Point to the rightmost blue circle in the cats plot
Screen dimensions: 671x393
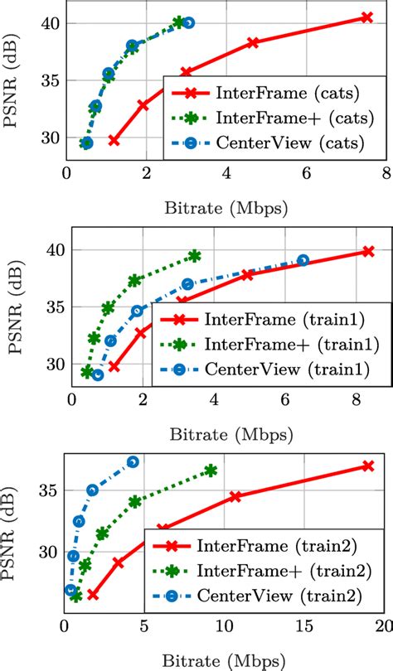coord(189,23)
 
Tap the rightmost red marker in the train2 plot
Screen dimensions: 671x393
coord(368,466)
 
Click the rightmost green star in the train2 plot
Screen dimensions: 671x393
coord(211,471)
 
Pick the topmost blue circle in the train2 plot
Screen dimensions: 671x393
coord(133,461)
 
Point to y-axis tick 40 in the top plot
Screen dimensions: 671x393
coord(51,23)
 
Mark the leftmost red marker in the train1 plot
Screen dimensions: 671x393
coord(114,366)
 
